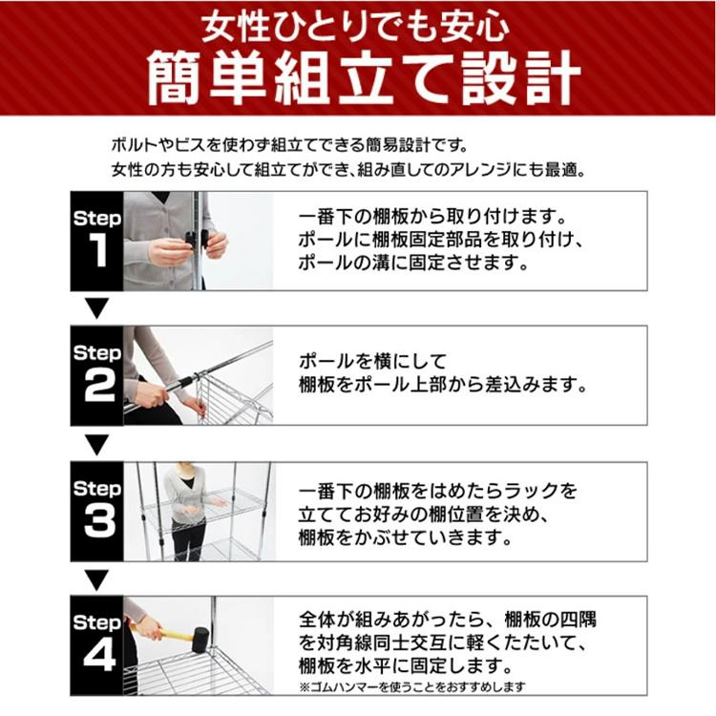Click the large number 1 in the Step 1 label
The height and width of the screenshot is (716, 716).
coord(96,250)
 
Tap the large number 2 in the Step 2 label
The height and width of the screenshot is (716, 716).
coord(98,386)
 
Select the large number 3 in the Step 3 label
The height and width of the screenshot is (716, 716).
coord(99,521)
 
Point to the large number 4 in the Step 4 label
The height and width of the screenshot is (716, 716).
coord(99,655)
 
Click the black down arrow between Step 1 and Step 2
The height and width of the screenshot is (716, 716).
coord(96,308)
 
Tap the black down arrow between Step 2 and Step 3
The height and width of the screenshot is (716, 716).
coord(96,444)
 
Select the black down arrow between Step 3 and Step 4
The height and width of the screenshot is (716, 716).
coord(96,579)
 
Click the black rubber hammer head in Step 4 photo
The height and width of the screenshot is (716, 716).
coord(200,640)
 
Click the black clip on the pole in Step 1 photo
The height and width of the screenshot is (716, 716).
coord(197,240)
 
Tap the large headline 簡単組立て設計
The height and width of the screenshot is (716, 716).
coord(363,78)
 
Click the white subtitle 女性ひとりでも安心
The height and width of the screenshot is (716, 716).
coord(355,27)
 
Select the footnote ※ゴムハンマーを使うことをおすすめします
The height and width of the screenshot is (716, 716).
coord(412,686)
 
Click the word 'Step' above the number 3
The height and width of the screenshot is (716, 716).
coord(96,489)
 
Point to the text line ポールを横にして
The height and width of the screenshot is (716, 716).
coord(372,362)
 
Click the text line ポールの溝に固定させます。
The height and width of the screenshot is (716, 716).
coord(413,263)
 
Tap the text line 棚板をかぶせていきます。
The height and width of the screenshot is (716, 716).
coord(405,537)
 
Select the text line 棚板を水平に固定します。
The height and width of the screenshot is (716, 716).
coord(405,666)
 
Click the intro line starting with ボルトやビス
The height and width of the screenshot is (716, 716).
coord(289,146)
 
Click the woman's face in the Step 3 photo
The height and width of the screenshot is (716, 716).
coord(186,469)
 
